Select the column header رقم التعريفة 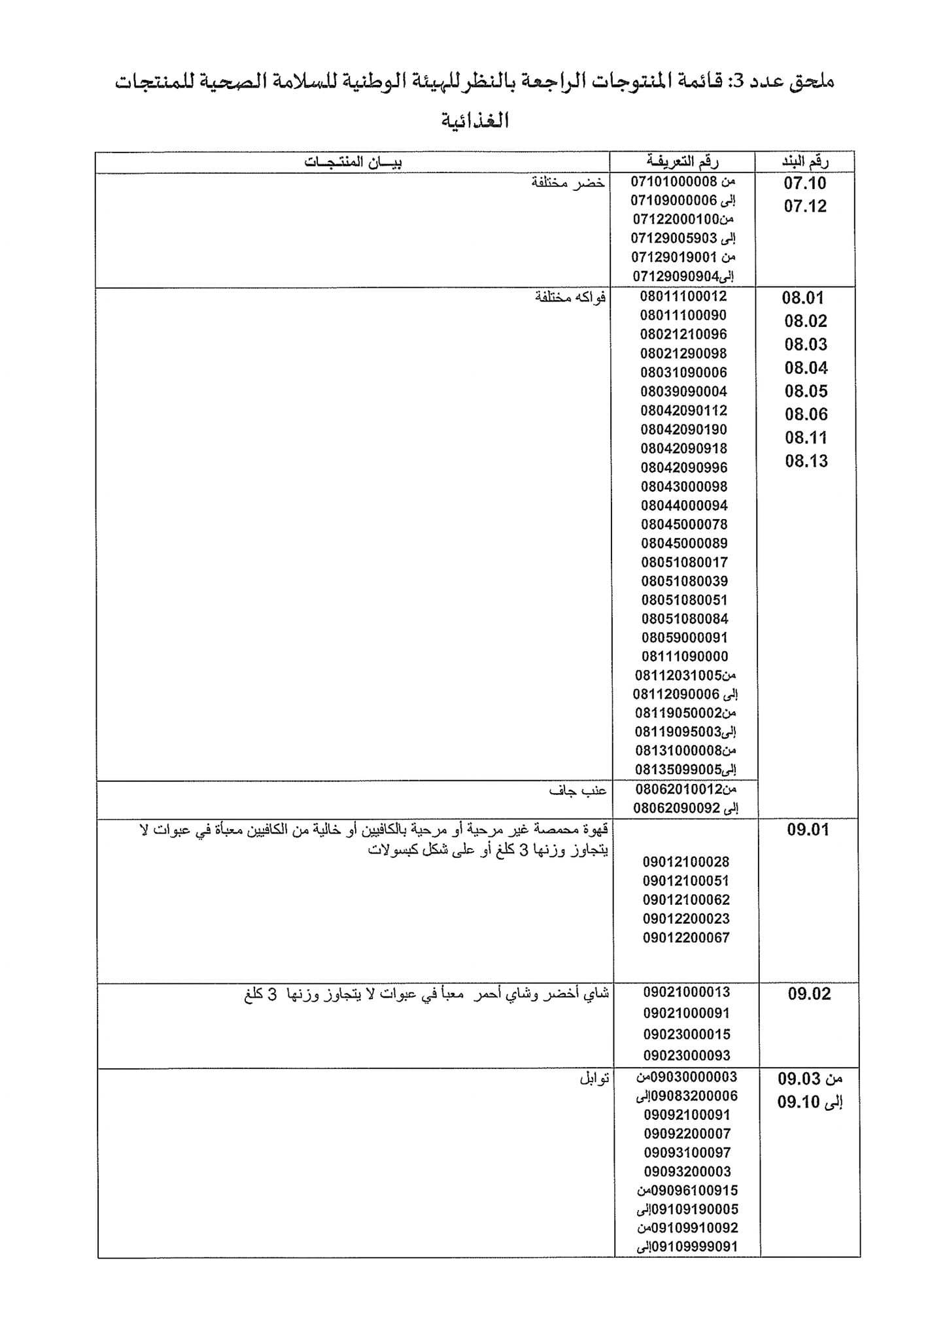(683, 161)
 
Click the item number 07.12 (805, 207)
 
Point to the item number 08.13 (806, 461)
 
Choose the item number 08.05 (806, 391)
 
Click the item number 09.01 (808, 830)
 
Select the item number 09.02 (809, 994)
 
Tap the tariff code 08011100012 (683, 296)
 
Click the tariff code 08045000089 (684, 543)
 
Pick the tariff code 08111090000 (684, 656)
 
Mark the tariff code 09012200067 (686, 938)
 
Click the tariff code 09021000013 (686, 992)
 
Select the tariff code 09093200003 (687, 1172)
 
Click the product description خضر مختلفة (568, 182)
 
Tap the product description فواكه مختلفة (570, 297)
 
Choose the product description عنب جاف (578, 791)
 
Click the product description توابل (594, 1078)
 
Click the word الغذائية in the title (475, 120)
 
